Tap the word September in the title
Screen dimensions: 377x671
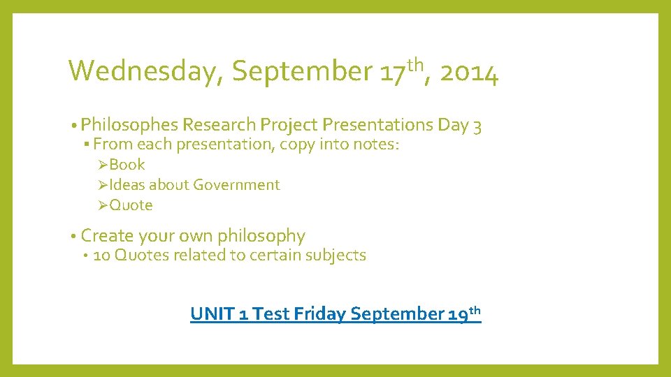click(302, 71)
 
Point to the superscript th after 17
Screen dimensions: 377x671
click(416, 65)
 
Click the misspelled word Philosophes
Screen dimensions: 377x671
click(129, 125)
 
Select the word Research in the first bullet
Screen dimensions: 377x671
click(219, 125)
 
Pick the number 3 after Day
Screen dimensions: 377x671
click(477, 126)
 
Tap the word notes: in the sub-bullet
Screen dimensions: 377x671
click(377, 145)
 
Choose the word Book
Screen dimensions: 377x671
click(127, 165)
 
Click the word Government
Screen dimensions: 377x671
click(236, 185)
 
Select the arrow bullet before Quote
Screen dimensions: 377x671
click(103, 205)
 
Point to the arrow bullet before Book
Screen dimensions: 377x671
click(103, 165)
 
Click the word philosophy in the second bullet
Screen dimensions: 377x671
click(261, 236)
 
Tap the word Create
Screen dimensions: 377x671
click(106, 236)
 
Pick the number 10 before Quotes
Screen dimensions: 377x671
click(101, 256)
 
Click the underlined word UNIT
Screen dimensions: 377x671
click(212, 314)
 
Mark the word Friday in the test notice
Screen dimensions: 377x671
click(320, 314)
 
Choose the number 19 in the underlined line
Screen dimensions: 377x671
click(458, 314)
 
